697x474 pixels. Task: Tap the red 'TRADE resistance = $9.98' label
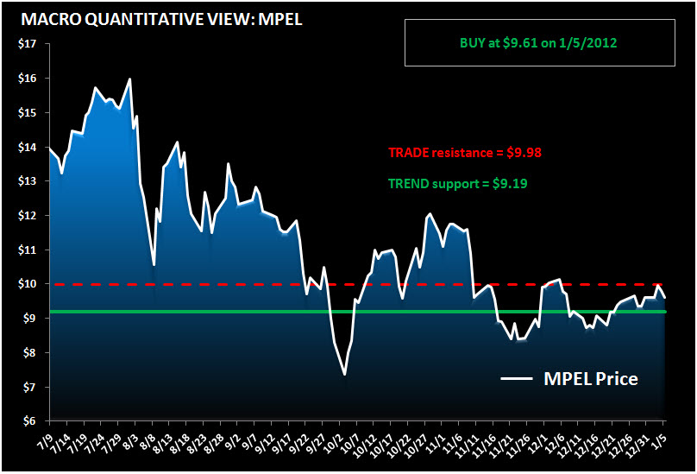pyautogui.click(x=464, y=153)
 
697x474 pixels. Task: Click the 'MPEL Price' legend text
pyautogui.click(x=591, y=378)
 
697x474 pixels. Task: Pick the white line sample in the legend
pyautogui.click(x=518, y=379)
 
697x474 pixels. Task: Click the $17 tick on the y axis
pyautogui.click(x=28, y=44)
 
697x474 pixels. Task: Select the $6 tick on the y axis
pyautogui.click(x=28, y=421)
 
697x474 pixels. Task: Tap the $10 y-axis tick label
pyautogui.click(x=28, y=284)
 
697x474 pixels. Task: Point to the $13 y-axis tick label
pyautogui.click(x=28, y=181)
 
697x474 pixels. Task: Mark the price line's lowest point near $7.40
pyautogui.click(x=345, y=374)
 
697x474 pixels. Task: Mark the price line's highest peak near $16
pyautogui.click(x=129, y=79)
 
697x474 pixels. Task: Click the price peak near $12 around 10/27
pyautogui.click(x=430, y=214)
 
